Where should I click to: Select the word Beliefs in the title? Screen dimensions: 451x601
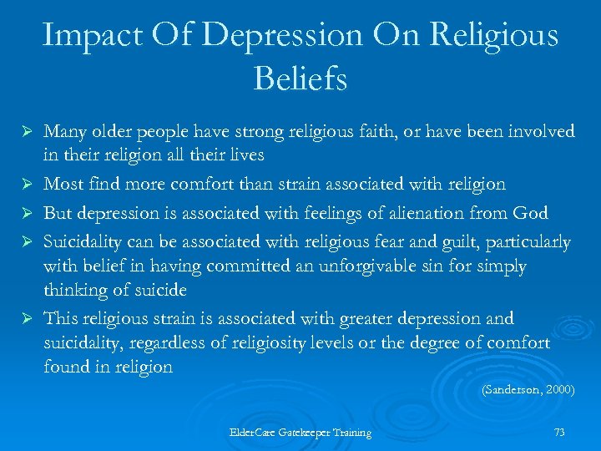[x=300, y=80]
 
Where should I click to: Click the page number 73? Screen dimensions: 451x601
[x=559, y=432]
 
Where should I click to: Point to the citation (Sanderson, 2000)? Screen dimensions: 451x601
[x=528, y=390]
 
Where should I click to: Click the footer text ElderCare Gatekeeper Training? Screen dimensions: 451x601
[x=300, y=433]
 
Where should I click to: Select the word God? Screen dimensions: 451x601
[x=530, y=212]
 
